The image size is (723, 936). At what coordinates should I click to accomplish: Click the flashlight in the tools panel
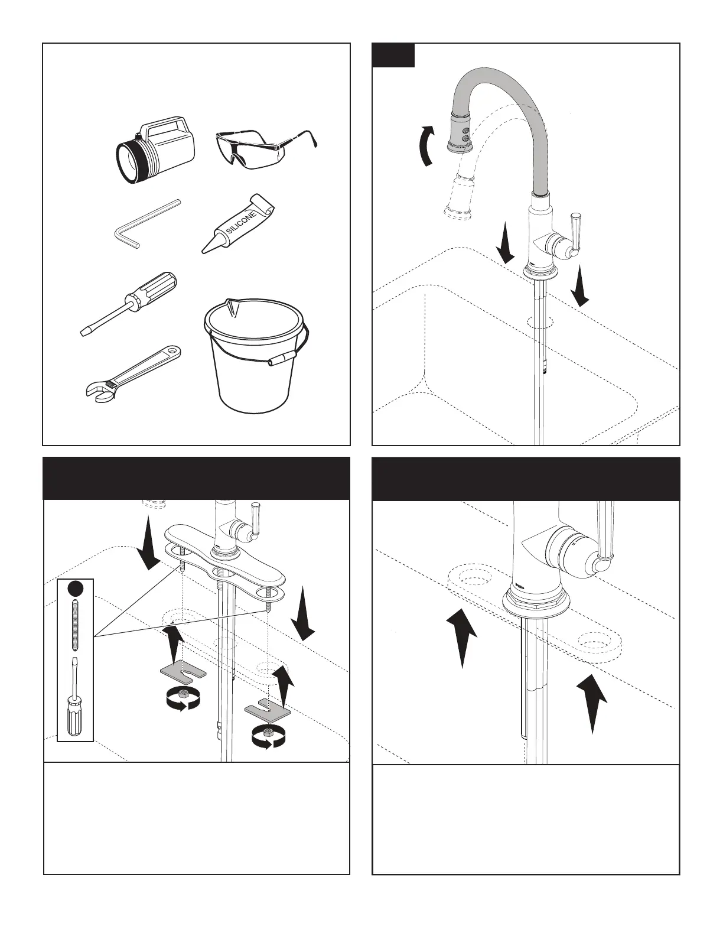tap(155, 147)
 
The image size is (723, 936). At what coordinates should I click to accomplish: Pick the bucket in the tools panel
tap(256, 355)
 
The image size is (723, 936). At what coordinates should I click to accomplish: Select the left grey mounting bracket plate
tap(183, 672)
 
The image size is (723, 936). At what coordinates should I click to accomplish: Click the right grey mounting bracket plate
tap(268, 708)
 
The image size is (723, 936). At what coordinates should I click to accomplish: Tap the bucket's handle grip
tap(282, 359)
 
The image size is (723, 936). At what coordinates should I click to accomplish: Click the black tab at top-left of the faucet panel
tap(393, 55)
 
